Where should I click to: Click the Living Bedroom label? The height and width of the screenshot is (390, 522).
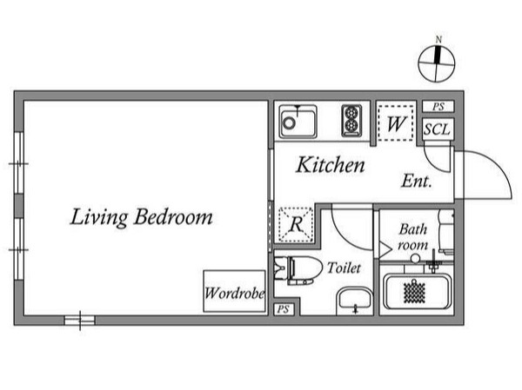point(142,217)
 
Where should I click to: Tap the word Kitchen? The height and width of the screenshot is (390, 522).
point(331,164)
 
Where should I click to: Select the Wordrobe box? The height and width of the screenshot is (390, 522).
point(234,291)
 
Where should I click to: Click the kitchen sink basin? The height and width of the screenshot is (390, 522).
point(298,122)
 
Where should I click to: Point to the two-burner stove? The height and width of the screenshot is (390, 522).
point(351,121)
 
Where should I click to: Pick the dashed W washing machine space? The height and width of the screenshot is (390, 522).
point(396,123)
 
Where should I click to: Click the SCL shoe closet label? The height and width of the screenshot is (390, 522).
point(437,129)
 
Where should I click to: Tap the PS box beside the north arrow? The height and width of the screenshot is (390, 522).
point(438,106)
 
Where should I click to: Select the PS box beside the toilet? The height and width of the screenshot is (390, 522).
point(284,309)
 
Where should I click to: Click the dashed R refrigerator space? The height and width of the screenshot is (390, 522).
point(296,224)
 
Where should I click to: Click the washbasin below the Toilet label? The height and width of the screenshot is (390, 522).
point(355,300)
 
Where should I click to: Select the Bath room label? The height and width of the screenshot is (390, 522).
point(412,237)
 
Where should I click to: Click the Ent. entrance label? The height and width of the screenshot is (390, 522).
point(417,182)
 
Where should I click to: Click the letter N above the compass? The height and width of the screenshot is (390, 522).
point(438,40)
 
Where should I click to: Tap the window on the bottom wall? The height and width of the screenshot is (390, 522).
point(79,321)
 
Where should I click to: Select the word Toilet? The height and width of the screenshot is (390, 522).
point(344,268)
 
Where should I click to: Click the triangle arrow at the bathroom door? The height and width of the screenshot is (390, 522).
point(385,249)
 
